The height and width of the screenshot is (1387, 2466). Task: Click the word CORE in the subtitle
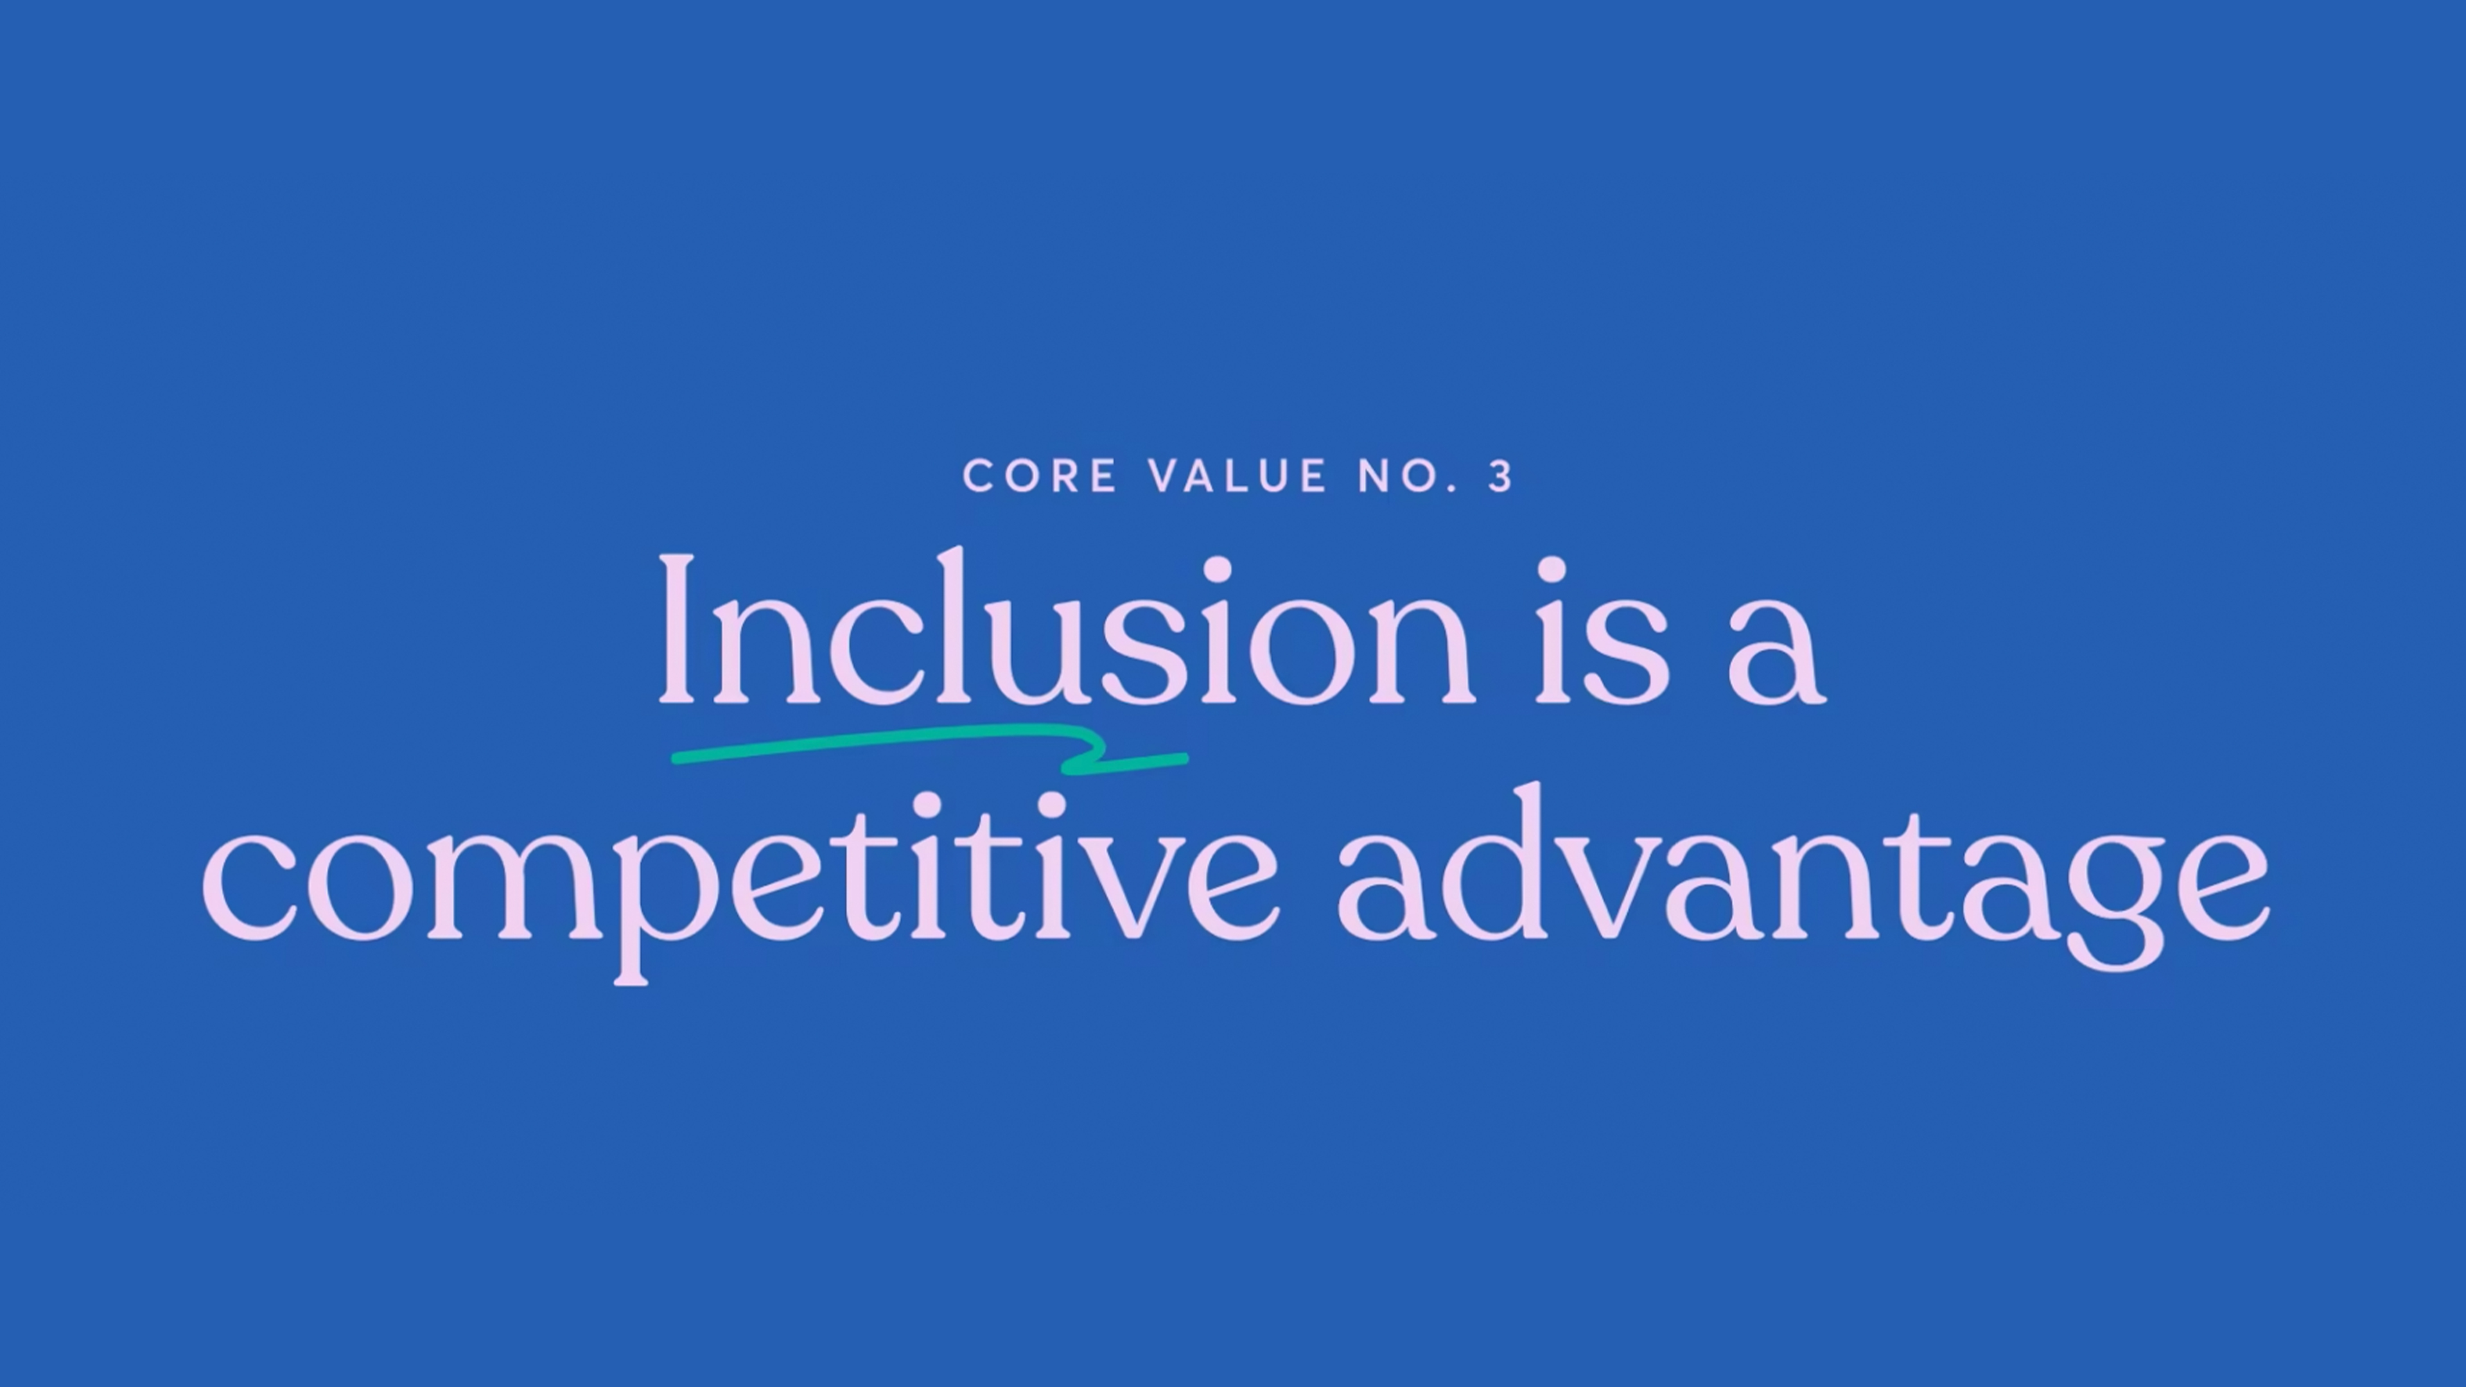tap(1040, 476)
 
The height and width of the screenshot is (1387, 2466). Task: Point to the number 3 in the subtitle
tap(1500, 476)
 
